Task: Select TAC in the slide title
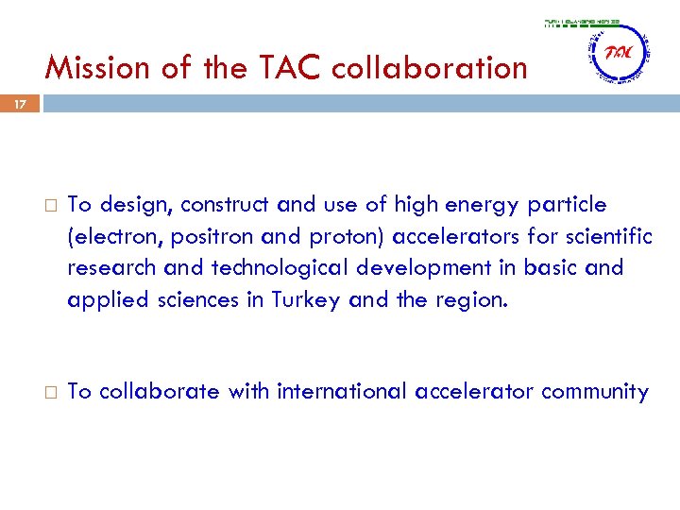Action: click(x=282, y=68)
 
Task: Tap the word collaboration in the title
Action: click(x=428, y=68)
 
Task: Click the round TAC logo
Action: click(x=618, y=54)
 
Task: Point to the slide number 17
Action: click(x=20, y=105)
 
